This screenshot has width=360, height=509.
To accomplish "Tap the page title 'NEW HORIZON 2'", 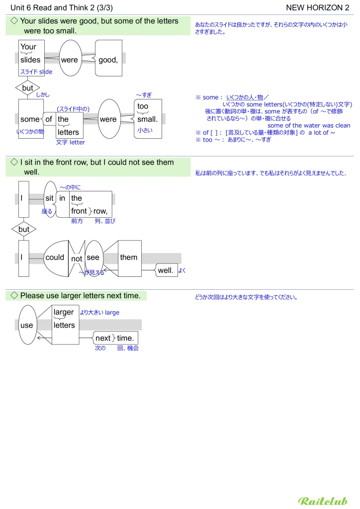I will coord(318,7).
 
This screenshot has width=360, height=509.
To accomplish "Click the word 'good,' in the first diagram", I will coord(108,60).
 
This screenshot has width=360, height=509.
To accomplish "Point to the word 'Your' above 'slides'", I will coord(28,47).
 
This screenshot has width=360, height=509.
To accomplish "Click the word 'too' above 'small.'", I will coord(143,106).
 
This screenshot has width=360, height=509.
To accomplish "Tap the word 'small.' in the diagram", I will coord(147,119).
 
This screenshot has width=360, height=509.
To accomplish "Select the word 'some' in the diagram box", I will coord(30,119).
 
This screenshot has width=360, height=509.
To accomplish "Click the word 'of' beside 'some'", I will coord(49,119).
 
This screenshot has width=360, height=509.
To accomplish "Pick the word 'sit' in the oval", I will coord(50,198).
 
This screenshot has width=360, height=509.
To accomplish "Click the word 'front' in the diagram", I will coord(79,211).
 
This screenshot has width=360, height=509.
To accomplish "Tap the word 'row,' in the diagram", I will coord(100,211).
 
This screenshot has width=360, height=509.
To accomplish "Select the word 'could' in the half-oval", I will coord(55,257).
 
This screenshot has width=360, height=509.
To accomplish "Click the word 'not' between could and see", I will coord(77,259).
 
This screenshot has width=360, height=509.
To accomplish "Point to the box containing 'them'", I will coord(129,258).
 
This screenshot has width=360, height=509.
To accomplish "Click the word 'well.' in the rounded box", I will coord(166,271).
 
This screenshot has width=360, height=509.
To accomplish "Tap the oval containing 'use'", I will coord(27,325).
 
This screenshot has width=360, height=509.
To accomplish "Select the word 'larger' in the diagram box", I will coord(64,313).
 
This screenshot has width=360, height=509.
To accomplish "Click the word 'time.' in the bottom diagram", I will coord(125,338).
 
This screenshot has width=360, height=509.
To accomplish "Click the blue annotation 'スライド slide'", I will coord(36,72).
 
